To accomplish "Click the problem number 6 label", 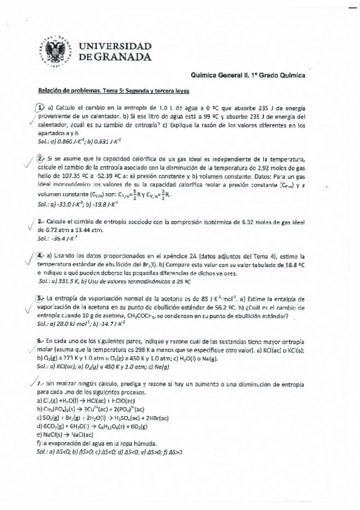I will point(40,340).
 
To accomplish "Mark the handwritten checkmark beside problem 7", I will point(31,383).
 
